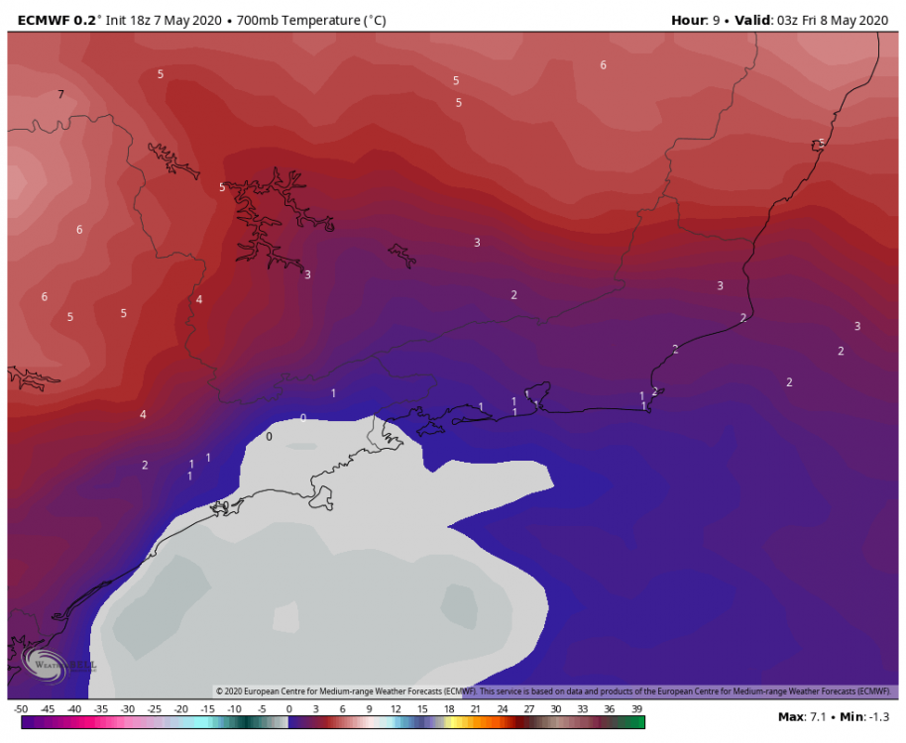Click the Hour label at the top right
pos(690,19)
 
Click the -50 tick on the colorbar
pos(21,709)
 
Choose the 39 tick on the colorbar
pos(636,709)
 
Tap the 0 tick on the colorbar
pos(288,709)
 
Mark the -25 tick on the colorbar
pos(155,709)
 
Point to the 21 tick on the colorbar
pos(476,709)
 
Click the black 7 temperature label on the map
pos(60,95)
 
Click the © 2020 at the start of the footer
pos(233,690)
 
